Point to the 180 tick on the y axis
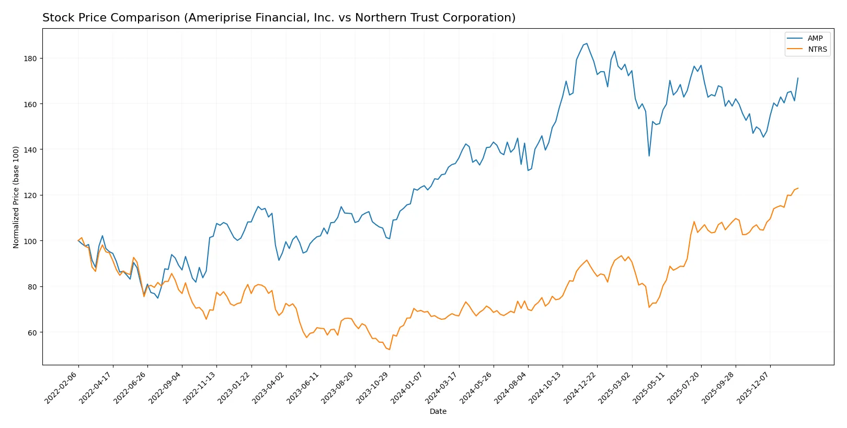(30, 59)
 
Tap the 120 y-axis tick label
(30, 195)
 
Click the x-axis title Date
(438, 411)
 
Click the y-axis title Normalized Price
(16, 197)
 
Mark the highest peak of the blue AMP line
(587, 43)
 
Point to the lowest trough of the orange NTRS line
(390, 350)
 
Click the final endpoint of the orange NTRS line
(798, 188)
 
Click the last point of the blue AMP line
(798, 78)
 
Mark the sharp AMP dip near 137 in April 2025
(649, 156)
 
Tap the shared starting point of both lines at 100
(78, 241)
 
